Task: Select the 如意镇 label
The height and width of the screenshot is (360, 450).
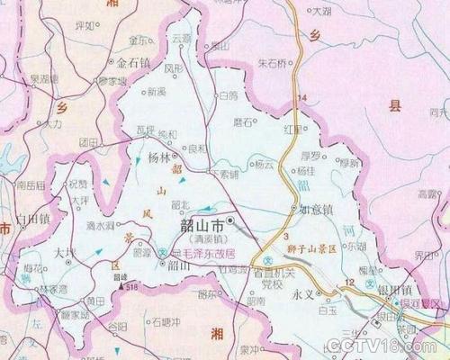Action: tap(316, 209)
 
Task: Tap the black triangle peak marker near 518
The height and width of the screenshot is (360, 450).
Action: tap(115, 286)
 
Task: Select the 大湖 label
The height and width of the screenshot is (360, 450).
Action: tap(319, 12)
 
